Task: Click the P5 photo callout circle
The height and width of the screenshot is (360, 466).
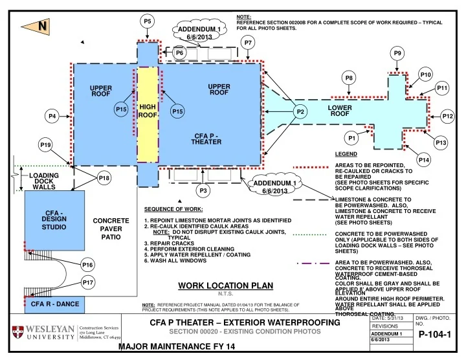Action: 148,21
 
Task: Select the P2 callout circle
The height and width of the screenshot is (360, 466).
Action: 300,112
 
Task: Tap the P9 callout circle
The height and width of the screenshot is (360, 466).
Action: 399,53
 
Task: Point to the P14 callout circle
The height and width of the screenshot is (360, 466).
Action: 423,159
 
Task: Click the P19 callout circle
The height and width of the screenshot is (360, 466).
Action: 45,144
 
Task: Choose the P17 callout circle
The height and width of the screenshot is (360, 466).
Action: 88,282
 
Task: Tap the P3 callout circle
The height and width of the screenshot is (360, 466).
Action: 203,191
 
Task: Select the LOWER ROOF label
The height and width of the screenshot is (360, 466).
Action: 340,110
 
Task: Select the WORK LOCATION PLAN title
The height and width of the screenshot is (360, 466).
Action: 226,286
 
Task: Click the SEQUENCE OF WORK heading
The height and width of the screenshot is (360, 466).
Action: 173,209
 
